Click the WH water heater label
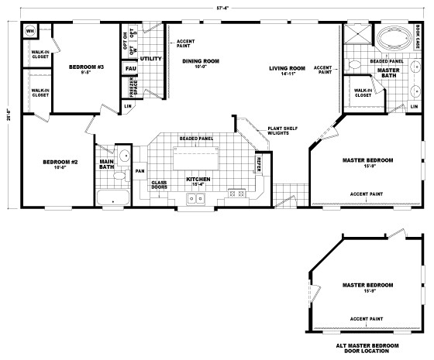[31, 32]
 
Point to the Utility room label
[150, 58]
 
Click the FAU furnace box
[130, 69]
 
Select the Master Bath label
[388, 72]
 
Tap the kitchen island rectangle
[193, 158]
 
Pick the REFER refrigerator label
[258, 163]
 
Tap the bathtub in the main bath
[114, 197]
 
